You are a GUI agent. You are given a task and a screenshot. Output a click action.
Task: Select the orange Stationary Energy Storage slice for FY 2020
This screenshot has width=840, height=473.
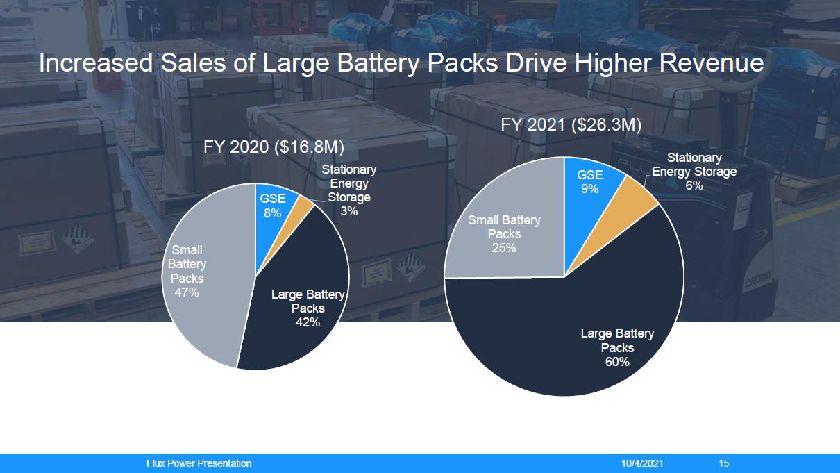click(305, 203)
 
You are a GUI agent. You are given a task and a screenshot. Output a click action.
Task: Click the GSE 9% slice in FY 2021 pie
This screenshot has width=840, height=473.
click(590, 182)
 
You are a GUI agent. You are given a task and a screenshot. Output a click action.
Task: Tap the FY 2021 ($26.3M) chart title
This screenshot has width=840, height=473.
click(571, 125)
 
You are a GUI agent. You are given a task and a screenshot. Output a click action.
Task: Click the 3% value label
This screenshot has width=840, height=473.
click(348, 211)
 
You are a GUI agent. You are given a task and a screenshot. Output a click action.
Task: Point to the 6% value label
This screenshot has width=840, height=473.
click(694, 185)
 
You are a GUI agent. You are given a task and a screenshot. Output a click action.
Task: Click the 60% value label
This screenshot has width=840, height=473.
click(617, 362)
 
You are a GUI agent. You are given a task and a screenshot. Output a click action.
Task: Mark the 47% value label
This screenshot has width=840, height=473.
click(187, 292)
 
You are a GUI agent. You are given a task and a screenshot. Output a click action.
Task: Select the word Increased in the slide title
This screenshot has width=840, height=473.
click(96, 63)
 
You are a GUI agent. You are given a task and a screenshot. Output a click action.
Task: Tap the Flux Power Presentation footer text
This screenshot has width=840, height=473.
click(199, 463)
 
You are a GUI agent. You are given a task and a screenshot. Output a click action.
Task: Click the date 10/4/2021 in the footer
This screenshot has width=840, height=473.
click(642, 463)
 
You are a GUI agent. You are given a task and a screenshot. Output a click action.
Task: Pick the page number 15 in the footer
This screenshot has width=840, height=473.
click(724, 463)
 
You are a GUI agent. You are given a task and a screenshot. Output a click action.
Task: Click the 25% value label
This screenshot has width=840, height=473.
click(504, 248)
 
